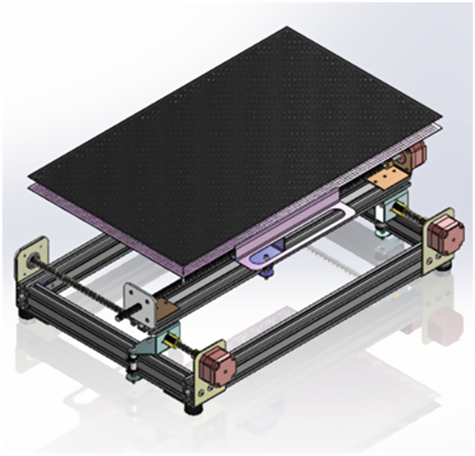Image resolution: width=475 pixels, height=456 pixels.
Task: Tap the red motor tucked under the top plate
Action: [418, 153]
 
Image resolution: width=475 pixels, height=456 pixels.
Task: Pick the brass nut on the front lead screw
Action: [170, 342]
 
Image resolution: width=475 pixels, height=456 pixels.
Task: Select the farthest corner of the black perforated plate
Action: [287, 28]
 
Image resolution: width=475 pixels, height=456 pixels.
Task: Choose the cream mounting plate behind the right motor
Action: [429, 252]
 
